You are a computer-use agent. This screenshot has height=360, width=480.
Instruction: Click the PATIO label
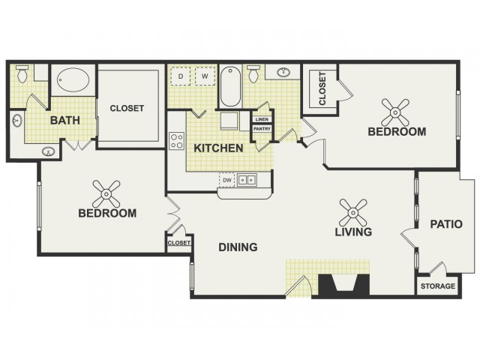point(446,224)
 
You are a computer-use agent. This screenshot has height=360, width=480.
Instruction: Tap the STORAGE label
point(438,286)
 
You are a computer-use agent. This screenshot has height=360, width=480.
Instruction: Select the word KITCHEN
point(218,148)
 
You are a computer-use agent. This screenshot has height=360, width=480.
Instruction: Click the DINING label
point(238,247)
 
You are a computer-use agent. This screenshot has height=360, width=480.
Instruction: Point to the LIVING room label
point(353,232)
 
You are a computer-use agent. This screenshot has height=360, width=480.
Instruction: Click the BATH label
point(65,120)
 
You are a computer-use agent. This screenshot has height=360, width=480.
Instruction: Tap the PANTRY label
point(262,129)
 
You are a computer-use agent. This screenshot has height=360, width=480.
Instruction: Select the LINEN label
point(262,119)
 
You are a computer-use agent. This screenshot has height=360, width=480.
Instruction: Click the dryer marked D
point(180,76)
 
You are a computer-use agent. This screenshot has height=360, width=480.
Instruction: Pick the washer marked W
point(205,76)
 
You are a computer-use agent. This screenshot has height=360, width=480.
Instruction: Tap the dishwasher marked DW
point(227,180)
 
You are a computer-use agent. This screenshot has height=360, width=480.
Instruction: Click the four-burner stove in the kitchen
point(177,141)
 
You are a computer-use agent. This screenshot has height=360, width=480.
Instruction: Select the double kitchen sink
point(247,180)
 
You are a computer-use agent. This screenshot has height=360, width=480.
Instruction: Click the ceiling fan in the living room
point(353,212)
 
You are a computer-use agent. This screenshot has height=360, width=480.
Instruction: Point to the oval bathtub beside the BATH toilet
point(73,80)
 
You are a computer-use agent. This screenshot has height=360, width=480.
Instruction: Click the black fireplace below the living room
point(344,285)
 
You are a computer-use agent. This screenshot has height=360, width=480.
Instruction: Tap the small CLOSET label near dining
point(179,243)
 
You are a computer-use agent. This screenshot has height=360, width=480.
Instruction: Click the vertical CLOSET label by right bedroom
point(322,88)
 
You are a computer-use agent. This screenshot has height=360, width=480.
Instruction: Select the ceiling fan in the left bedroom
point(106,193)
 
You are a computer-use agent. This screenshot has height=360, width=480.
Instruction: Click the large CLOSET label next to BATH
point(127,108)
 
